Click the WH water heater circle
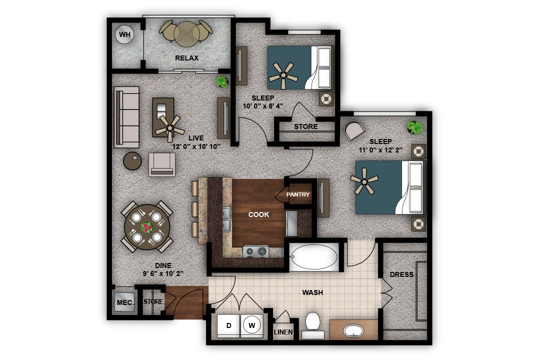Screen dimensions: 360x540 pyautogui.click(x=125, y=34)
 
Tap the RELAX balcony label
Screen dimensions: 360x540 pyautogui.click(x=186, y=58)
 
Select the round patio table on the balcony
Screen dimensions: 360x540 pyautogui.click(x=186, y=31)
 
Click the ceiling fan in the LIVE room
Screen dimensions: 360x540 pyautogui.click(x=169, y=126)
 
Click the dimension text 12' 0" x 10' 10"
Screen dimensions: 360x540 pyautogui.click(x=196, y=146)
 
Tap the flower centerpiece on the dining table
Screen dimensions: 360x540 pyautogui.click(x=146, y=228)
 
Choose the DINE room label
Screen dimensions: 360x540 pyautogui.click(x=162, y=265)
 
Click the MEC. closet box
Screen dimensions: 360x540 pyautogui.click(x=124, y=302)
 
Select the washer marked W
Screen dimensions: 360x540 pyautogui.click(x=252, y=325)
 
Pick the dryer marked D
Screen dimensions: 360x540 pyautogui.click(x=228, y=325)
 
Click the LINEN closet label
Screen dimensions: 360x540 pyautogui.click(x=283, y=332)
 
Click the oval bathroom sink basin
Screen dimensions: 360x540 pyautogui.click(x=354, y=330)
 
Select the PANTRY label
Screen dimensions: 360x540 pyautogui.click(x=298, y=194)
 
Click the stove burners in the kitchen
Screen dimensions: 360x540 pyautogui.click(x=255, y=252)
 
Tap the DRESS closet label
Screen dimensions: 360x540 pyautogui.click(x=401, y=274)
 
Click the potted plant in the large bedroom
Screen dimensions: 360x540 pyautogui.click(x=414, y=127)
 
